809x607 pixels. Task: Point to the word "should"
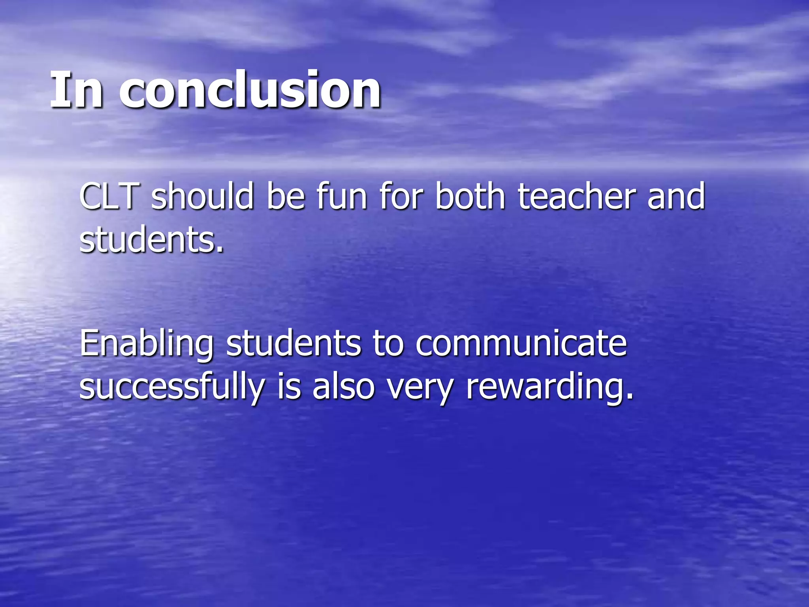tap(202, 196)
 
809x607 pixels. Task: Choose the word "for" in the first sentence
tap(401, 196)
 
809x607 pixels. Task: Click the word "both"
tap(470, 196)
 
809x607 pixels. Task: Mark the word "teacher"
tap(577, 196)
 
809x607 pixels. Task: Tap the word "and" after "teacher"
tap(676, 196)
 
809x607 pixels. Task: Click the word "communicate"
tap(521, 343)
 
